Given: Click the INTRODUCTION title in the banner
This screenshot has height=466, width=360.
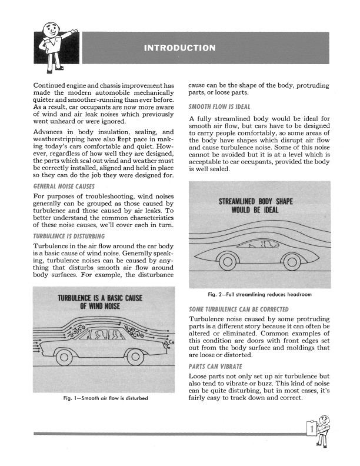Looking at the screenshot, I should [179, 47].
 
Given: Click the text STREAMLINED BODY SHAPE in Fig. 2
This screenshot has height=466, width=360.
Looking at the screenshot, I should [259, 202].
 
